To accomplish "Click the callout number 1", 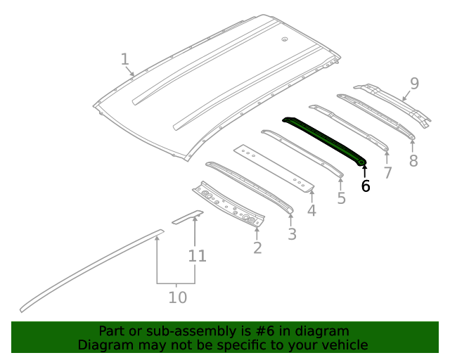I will point(124,59).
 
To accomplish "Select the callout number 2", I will point(257,247).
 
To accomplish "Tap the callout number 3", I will point(292,234).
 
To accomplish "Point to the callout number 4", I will point(311,210).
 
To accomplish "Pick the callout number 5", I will point(341,198).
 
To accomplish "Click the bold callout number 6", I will point(365,186).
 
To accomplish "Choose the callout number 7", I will point(387,173).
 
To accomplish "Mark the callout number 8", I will point(413,161).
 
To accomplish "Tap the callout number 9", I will point(414,84).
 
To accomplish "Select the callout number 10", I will point(178,297).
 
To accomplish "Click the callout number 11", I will point(198,256).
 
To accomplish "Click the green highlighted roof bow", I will point(323,139).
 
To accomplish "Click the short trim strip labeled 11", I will point(188,215).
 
